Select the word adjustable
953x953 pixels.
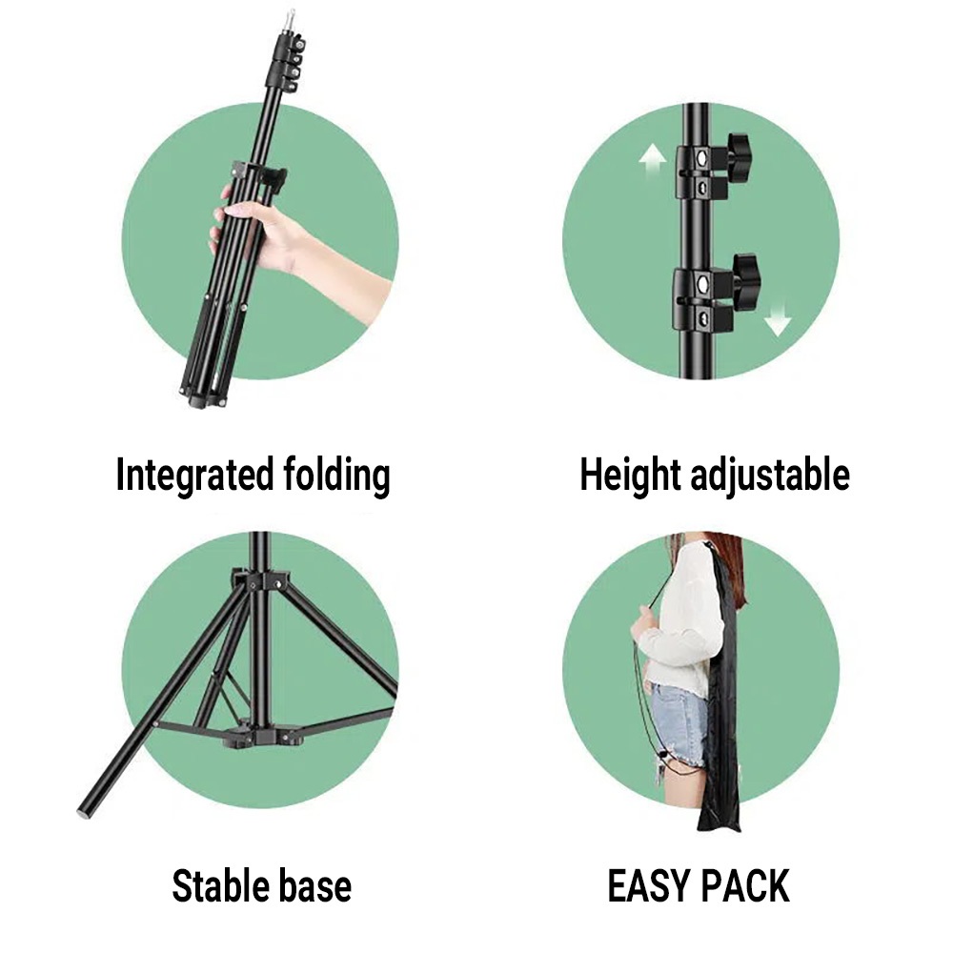click(769, 475)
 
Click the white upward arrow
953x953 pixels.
click(652, 160)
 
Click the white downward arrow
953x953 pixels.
click(778, 318)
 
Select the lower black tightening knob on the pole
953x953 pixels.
click(745, 276)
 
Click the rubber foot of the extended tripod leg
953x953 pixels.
click(83, 811)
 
